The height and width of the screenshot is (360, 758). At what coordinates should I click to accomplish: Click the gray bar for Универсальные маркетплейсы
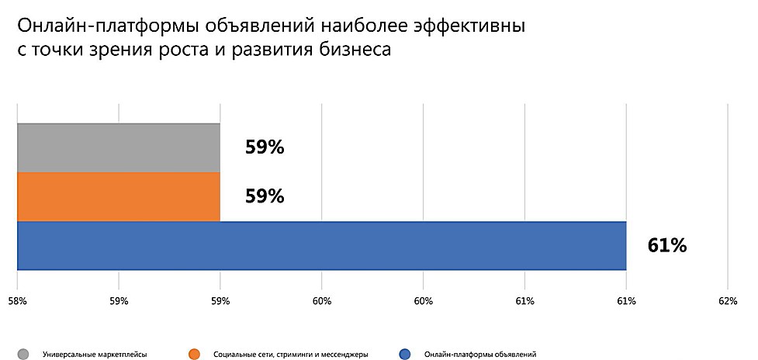click(118, 147)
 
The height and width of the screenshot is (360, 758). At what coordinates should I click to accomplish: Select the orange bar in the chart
click(118, 196)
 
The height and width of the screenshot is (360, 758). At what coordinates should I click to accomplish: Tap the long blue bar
click(321, 246)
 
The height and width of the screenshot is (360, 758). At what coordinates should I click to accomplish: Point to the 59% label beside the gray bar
click(265, 147)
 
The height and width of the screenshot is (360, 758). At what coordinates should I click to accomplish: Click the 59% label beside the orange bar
click(265, 196)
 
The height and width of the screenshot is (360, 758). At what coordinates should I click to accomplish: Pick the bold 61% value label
click(666, 246)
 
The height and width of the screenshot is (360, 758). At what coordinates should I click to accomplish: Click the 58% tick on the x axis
click(17, 300)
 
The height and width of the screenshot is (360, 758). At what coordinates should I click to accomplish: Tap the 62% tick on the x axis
click(727, 300)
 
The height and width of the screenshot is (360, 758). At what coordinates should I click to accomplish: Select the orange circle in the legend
click(196, 354)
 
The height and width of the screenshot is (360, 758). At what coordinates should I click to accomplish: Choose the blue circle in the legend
click(405, 354)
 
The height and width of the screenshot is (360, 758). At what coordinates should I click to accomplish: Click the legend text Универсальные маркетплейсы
click(95, 355)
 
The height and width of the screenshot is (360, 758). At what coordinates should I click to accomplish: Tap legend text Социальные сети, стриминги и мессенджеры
click(290, 355)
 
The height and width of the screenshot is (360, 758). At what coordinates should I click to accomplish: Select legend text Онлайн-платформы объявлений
click(480, 355)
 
